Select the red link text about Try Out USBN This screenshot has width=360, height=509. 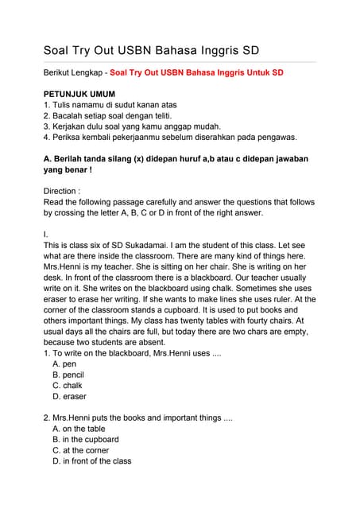tap(196, 72)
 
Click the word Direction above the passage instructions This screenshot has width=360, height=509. tap(62, 191)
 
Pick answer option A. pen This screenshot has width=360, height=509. tap(64, 363)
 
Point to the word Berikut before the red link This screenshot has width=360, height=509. tap(60, 72)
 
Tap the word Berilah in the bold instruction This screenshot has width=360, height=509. tap(71, 158)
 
